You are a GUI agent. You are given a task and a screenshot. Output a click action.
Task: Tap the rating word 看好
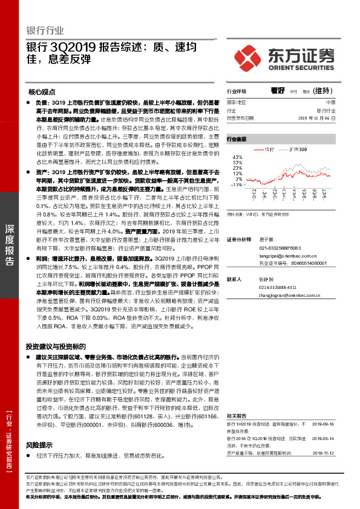click(x=278, y=91)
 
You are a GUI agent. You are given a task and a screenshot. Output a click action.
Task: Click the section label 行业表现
click(x=237, y=139)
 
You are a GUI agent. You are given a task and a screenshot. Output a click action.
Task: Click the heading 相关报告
click(x=236, y=399)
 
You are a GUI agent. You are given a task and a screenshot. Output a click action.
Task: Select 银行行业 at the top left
click(x=45, y=30)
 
